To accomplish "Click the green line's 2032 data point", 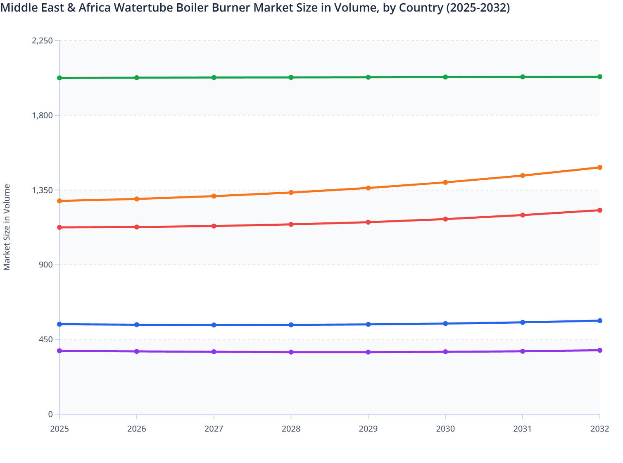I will click(x=600, y=77).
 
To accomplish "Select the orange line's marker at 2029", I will click(x=368, y=188).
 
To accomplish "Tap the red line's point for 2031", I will click(x=523, y=215).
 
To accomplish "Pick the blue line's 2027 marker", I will click(x=214, y=325).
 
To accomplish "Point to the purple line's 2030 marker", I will click(x=445, y=352).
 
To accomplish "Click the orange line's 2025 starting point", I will click(x=59, y=201).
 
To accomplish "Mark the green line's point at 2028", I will click(x=291, y=77).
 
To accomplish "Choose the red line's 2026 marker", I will click(x=137, y=227).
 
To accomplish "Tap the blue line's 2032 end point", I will click(x=600, y=321).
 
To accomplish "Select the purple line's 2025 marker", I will click(x=59, y=351).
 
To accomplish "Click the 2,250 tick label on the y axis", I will click(x=43, y=41).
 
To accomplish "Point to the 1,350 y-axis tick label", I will click(x=43, y=190).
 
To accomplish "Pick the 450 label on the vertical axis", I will click(x=45, y=339).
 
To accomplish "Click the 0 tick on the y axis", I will click(x=50, y=414).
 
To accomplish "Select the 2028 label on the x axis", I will click(x=291, y=429).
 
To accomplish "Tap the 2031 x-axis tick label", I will click(x=523, y=429).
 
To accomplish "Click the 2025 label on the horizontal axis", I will click(x=59, y=429).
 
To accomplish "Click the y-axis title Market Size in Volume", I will click(x=7, y=227).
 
